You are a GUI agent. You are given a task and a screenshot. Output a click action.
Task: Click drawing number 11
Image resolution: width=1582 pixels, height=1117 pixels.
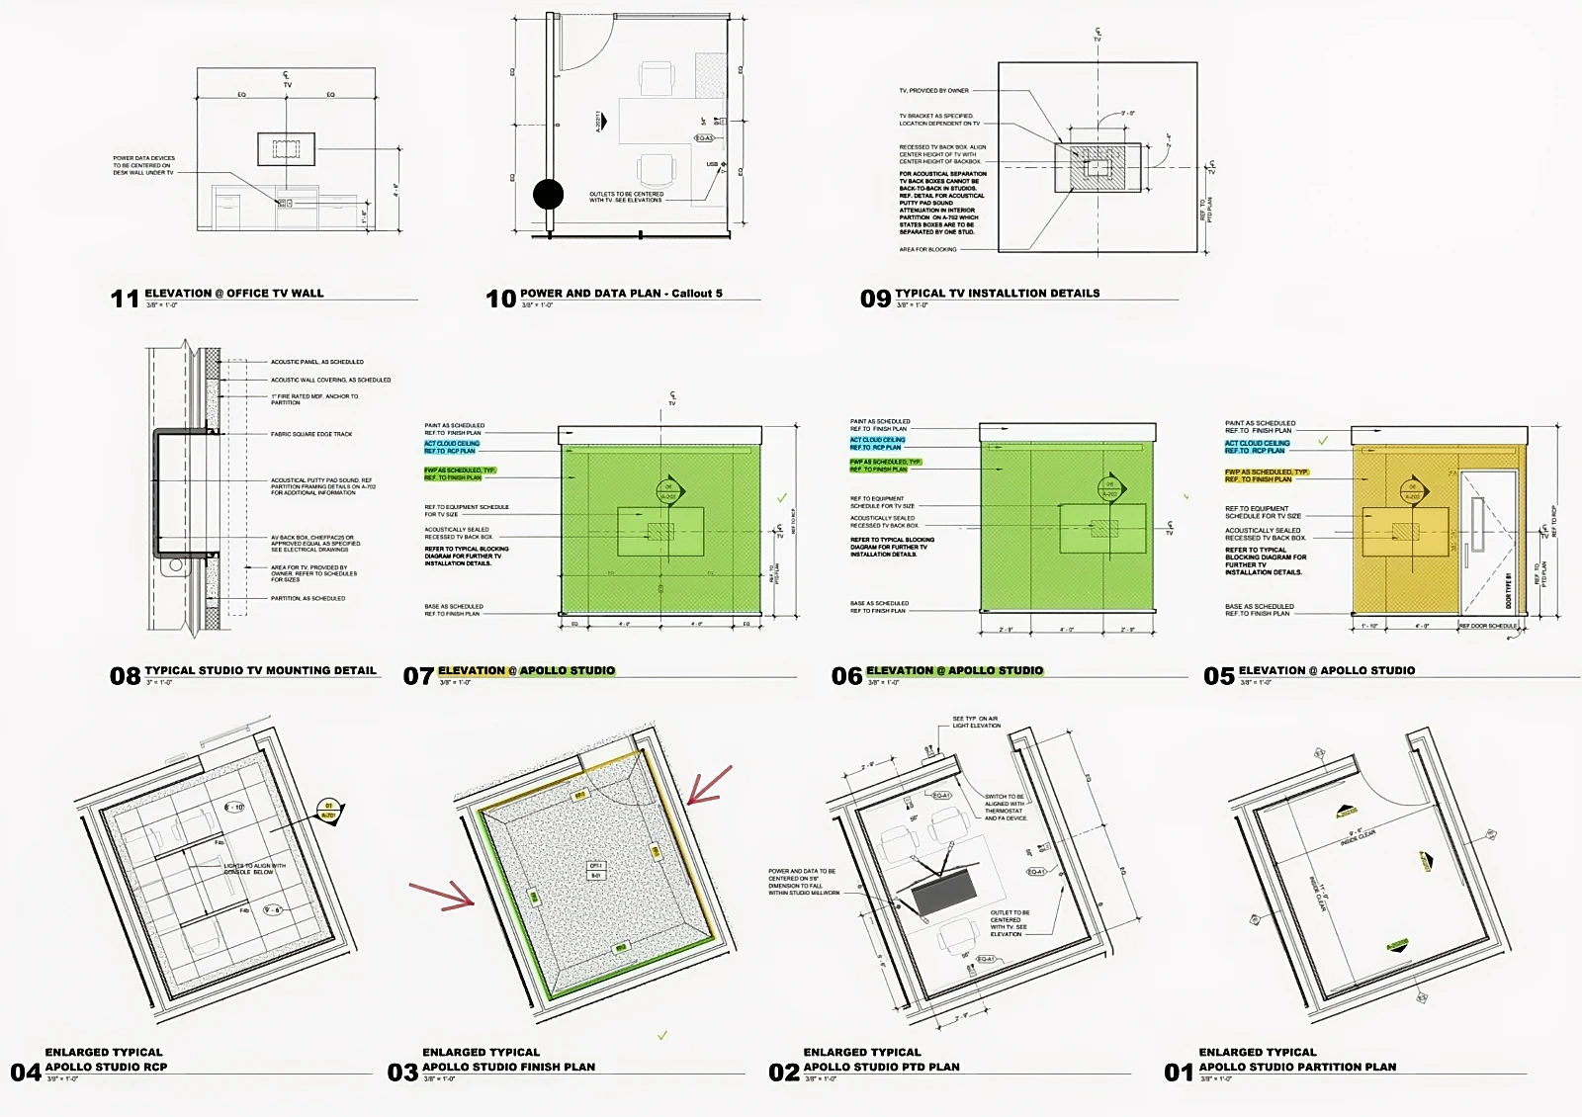click(x=124, y=298)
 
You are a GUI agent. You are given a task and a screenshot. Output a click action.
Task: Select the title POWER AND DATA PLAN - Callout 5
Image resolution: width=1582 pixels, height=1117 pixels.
click(x=621, y=294)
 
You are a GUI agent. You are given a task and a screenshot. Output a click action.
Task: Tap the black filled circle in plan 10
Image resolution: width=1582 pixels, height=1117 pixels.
click(x=548, y=194)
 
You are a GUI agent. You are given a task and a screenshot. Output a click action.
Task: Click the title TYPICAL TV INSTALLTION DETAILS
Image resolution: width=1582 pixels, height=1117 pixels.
click(x=997, y=294)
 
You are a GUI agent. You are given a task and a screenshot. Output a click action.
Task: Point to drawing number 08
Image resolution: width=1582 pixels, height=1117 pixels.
click(x=125, y=676)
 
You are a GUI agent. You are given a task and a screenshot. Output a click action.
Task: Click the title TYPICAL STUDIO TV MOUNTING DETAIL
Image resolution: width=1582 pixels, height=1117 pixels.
click(x=260, y=670)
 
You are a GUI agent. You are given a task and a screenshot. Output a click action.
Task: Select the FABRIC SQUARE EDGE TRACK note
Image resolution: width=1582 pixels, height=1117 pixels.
click(x=311, y=434)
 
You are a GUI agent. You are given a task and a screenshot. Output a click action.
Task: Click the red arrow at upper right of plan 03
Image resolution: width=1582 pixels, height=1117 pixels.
click(x=709, y=785)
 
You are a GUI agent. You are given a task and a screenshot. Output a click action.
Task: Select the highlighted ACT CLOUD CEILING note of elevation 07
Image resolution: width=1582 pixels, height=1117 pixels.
click(x=452, y=447)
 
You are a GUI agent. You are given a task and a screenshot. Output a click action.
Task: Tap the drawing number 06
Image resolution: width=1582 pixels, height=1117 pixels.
click(x=846, y=676)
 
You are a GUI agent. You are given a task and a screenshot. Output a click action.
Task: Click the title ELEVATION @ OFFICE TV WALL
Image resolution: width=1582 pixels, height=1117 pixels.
click(x=234, y=294)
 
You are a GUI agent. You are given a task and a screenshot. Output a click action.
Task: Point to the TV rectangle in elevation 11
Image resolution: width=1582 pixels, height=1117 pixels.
click(x=288, y=148)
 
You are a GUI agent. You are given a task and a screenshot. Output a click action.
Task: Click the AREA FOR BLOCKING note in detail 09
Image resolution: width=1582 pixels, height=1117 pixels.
click(x=927, y=249)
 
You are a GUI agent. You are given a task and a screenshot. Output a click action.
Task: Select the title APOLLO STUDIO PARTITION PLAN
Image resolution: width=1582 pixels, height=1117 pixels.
click(x=1297, y=1067)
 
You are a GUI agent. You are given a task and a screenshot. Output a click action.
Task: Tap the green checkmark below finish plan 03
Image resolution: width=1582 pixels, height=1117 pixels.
click(x=662, y=1035)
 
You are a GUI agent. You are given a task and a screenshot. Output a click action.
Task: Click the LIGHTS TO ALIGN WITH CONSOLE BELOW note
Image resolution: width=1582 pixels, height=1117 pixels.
click(x=254, y=868)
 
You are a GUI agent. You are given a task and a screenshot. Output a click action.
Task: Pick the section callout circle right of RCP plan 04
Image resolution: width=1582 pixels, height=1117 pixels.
click(x=328, y=811)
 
